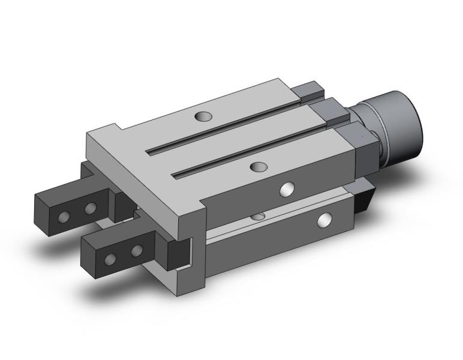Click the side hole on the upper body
coord(288,189)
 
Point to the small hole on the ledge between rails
coord(259,215)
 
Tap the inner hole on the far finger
coord(91,208)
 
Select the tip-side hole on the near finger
coord(111,259)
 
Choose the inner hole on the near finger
coord(137,250)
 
